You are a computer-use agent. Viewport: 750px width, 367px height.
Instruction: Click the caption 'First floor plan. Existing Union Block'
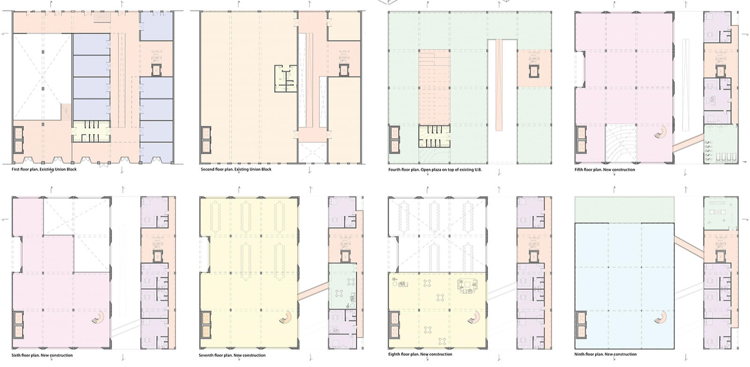click(44, 169)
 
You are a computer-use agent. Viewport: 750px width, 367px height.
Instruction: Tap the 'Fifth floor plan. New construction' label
click(605, 170)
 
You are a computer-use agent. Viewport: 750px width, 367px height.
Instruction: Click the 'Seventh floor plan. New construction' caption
click(232, 355)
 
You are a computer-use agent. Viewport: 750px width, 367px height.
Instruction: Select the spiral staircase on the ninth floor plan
click(660, 317)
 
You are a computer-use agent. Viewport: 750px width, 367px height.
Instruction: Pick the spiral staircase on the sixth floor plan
click(98, 317)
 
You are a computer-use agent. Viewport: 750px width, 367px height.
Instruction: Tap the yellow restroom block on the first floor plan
click(91, 131)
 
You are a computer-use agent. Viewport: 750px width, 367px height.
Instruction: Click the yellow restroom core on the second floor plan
click(285, 79)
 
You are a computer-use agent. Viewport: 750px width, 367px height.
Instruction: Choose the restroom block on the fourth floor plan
click(434, 136)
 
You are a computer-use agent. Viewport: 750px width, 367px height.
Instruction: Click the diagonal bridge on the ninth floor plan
click(689, 247)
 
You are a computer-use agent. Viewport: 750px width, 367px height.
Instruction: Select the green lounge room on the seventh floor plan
click(342, 287)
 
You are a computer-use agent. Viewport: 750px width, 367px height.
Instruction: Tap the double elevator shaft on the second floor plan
click(206, 140)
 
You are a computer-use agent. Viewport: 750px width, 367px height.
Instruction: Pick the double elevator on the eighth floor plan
click(394, 326)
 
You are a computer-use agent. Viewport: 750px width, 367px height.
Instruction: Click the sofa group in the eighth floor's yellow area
click(467, 286)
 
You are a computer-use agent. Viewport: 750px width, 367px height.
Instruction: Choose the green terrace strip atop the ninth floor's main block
click(624, 210)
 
